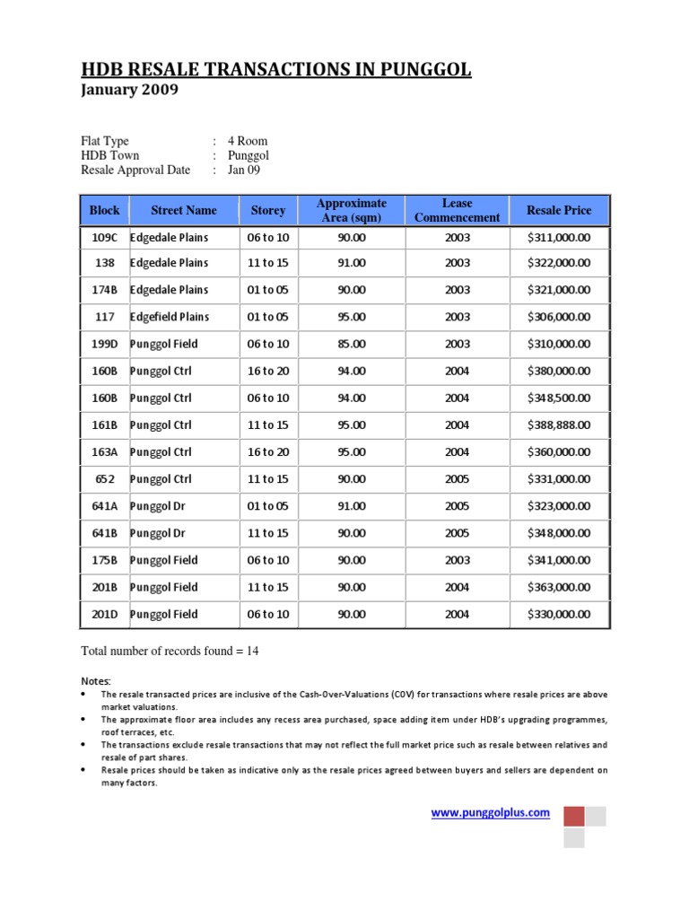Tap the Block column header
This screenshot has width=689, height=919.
click(104, 210)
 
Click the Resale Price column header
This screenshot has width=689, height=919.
click(559, 210)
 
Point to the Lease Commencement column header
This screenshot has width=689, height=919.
click(457, 210)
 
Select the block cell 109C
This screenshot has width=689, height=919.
click(104, 237)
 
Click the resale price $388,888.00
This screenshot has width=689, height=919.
click(559, 424)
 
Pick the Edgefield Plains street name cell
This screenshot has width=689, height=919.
click(170, 317)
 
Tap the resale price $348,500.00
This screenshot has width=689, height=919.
click(559, 398)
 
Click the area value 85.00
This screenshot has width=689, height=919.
click(352, 344)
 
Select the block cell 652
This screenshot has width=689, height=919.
click(104, 479)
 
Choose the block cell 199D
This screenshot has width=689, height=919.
click(104, 344)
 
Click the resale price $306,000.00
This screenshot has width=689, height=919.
click(559, 317)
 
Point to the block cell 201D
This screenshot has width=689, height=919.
click(104, 614)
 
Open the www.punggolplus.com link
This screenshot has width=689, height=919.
click(491, 812)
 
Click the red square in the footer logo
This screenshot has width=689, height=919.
click(573, 816)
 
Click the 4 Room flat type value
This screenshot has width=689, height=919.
click(247, 141)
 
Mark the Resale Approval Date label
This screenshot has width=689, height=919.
click(135, 170)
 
